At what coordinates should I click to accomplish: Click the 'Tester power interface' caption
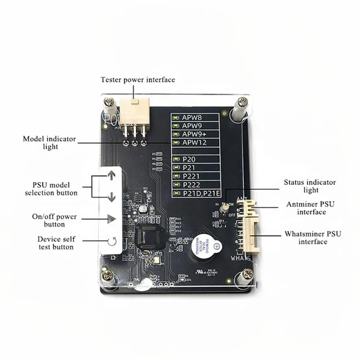pyautogui.click(x=137, y=80)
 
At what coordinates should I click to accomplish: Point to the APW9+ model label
pyautogui.click(x=196, y=134)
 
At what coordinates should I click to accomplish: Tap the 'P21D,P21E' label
pyautogui.click(x=201, y=193)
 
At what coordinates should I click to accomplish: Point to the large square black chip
pyautogui.click(x=150, y=237)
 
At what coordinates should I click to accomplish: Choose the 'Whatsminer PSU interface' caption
pyautogui.click(x=312, y=238)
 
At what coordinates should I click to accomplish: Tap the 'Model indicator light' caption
pyautogui.click(x=49, y=143)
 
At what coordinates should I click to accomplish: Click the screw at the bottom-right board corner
pyautogui.click(x=247, y=273)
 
